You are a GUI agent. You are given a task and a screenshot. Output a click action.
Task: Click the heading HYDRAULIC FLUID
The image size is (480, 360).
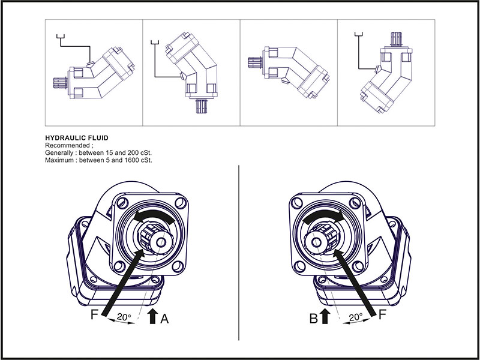pyautogui.click(x=77, y=137)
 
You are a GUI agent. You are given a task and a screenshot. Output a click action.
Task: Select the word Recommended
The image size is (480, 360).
pyautogui.click(x=67, y=146)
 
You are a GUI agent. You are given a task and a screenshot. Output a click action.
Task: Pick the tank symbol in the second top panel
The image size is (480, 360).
pyautogui.click(x=155, y=42)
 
